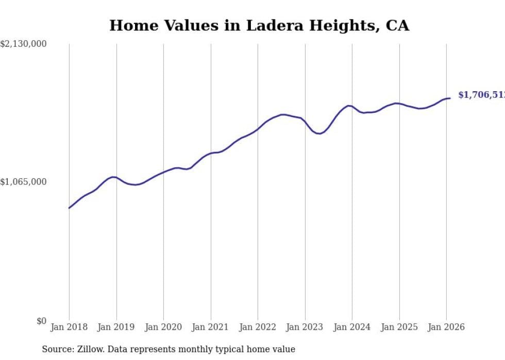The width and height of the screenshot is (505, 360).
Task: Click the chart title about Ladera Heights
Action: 259,26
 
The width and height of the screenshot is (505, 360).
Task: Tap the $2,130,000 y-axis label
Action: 23,44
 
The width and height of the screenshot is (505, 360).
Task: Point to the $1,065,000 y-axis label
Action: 23,182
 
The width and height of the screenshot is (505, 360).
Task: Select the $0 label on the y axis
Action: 41,321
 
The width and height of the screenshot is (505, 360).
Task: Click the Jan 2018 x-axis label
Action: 69,327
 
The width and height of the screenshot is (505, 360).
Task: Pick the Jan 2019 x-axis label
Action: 116,327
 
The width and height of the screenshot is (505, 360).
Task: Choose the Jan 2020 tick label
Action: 163,327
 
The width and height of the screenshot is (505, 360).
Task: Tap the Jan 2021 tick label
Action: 211,327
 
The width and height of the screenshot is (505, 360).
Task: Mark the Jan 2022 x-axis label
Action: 258,327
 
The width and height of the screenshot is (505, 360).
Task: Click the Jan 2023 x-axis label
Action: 305,327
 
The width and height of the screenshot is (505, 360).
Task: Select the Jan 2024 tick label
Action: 352,327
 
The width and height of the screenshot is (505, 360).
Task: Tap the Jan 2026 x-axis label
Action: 446,327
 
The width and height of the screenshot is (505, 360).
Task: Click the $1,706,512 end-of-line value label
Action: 481,95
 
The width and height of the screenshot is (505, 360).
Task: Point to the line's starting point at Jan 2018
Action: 69,208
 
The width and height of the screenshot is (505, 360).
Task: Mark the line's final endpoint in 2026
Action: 450,98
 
